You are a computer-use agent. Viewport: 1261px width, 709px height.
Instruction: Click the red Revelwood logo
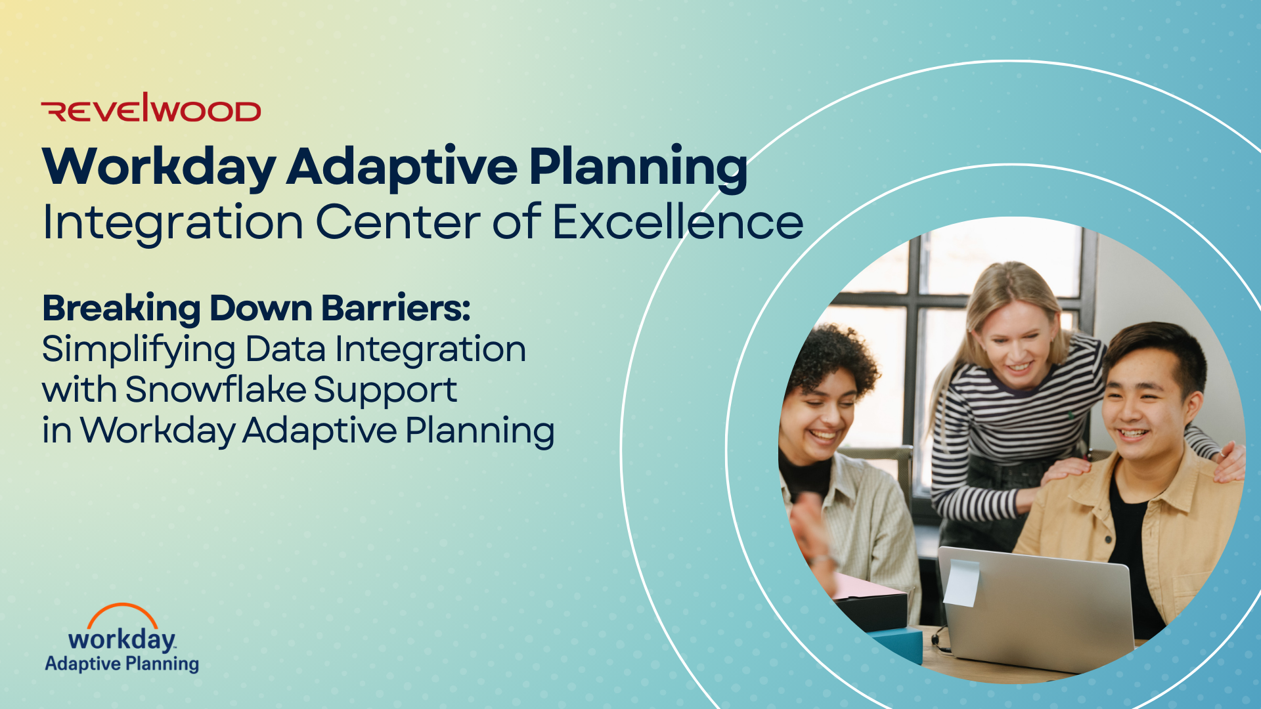[151, 108]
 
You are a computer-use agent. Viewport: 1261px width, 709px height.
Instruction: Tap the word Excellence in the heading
[678, 222]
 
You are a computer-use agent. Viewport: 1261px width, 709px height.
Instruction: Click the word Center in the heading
[398, 222]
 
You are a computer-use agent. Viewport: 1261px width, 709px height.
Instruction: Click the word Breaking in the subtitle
[122, 308]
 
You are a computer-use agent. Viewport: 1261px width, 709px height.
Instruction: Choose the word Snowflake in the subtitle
[215, 389]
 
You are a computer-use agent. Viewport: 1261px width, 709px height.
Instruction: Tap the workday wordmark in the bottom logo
[122, 639]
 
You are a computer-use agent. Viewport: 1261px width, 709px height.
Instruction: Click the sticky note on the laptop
[961, 582]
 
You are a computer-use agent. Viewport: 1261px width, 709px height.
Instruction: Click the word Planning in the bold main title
[638, 167]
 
